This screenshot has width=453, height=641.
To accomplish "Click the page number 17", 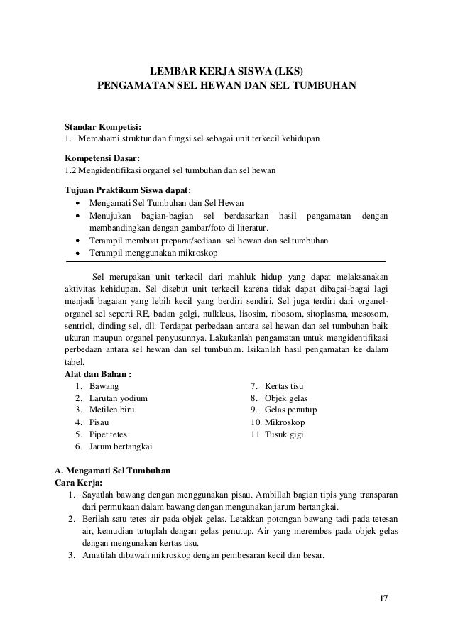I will tap(383, 596).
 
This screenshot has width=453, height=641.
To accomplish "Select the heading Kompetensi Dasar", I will tap(102, 158).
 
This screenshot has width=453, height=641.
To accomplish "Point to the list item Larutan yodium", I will tap(118, 398).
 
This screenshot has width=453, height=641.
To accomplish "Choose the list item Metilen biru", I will tap(114, 410).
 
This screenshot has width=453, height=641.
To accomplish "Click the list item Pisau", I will tap(100, 422).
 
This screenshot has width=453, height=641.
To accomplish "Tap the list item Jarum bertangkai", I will tap(120, 446).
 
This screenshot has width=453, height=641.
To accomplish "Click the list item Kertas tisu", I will tap(288, 385).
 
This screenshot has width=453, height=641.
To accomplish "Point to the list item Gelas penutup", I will tap(291, 410).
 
